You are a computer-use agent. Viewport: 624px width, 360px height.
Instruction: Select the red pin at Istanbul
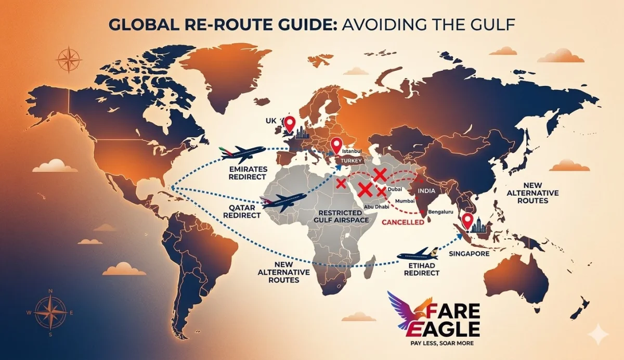pos(336,145)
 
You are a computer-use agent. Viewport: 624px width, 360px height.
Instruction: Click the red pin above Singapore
pos(467,221)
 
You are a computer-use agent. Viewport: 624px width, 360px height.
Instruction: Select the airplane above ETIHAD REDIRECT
pos(419,254)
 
